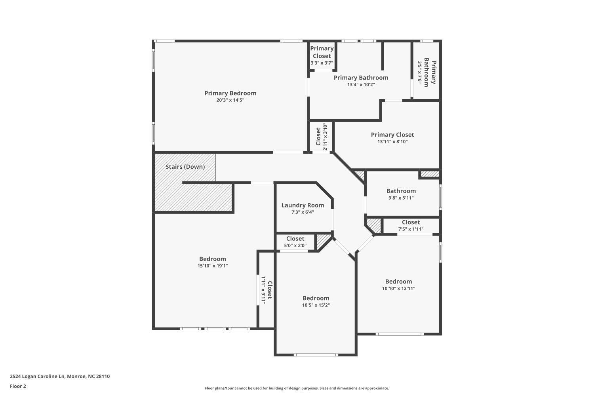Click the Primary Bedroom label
tap(230, 93)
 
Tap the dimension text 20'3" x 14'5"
tap(230, 100)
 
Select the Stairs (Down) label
tap(185, 167)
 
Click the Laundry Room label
tap(303, 205)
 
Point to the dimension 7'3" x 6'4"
tap(303, 212)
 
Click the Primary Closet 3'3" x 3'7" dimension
tap(322, 63)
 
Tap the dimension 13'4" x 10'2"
tap(361, 85)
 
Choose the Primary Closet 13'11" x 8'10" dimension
tap(392, 142)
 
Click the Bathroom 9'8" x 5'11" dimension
tap(401, 198)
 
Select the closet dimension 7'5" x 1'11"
tap(411, 229)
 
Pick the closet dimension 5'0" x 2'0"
tap(295, 246)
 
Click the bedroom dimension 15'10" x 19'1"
tap(212, 266)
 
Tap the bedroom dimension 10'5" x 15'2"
tap(316, 305)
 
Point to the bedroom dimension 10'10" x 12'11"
tap(398, 288)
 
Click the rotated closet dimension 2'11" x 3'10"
tap(325, 136)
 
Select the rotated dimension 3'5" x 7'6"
tap(420, 72)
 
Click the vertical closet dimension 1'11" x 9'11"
tap(263, 289)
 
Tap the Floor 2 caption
tap(18, 386)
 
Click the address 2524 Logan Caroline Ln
tap(37, 376)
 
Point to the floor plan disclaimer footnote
tap(297, 388)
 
